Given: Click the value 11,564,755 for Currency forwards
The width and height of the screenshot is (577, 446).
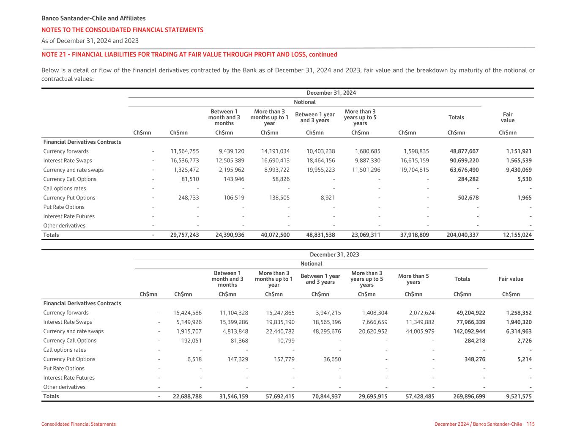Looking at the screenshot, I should (x=184, y=151).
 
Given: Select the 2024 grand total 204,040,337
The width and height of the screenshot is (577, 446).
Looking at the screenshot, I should (x=462, y=235).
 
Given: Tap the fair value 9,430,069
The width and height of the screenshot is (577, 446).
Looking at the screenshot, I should (x=519, y=170).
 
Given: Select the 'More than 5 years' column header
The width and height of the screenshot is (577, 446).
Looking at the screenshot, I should (x=413, y=279).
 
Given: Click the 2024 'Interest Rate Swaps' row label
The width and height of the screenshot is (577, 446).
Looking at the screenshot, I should (x=68, y=161).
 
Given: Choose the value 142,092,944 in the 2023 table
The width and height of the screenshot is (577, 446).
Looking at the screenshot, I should (x=469, y=331).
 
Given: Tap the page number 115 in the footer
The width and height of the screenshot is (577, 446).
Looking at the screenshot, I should (x=531, y=424).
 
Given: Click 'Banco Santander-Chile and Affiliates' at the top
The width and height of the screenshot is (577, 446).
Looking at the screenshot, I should (x=93, y=19).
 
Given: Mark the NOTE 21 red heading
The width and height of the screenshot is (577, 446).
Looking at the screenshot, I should (x=189, y=55).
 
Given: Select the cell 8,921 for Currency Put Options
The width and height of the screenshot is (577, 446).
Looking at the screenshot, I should (x=328, y=198).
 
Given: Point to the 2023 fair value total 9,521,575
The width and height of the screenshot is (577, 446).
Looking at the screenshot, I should (x=519, y=397).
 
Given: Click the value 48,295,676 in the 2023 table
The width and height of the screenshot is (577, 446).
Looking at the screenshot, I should (x=326, y=331).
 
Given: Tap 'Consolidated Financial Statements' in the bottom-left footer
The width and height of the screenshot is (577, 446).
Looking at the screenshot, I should (x=78, y=424).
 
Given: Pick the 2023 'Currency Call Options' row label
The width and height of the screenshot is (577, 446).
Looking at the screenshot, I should (x=70, y=341).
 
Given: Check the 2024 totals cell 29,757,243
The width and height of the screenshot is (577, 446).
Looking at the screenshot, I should (x=184, y=235).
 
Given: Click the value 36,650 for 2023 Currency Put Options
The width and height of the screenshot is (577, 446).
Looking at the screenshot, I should (x=331, y=359).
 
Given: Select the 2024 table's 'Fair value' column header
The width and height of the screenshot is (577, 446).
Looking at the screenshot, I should (x=507, y=118).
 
